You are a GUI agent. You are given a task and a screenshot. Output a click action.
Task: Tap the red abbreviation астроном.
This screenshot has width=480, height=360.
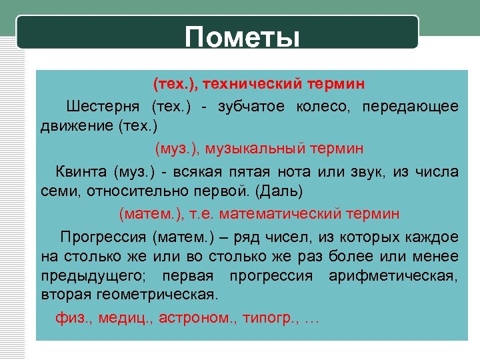coord(197,318)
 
